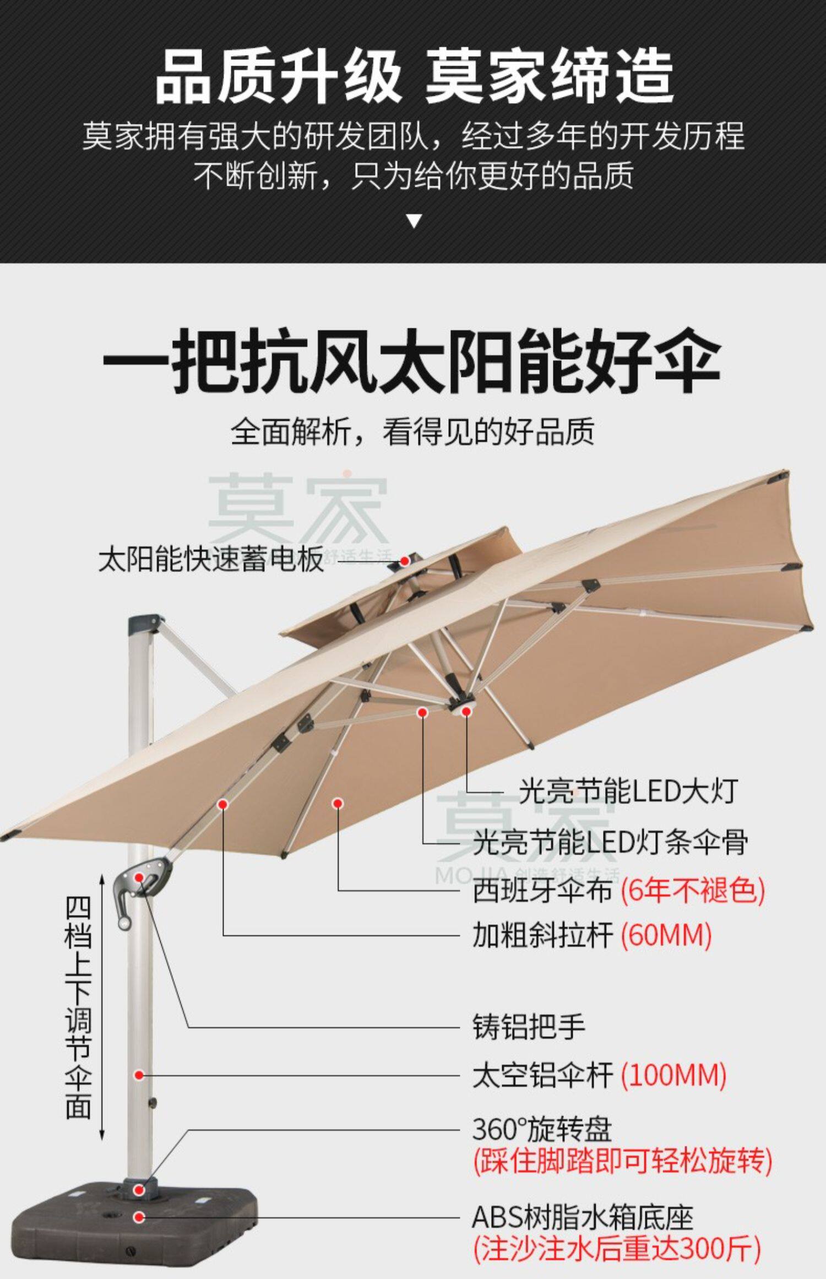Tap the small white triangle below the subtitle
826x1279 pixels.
(x=414, y=221)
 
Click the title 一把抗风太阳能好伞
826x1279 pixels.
(x=412, y=360)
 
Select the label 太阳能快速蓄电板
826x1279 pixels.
(x=211, y=560)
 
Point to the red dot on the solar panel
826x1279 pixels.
(x=404, y=561)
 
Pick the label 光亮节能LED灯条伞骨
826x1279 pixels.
(x=610, y=842)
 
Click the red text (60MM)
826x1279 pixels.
(x=666, y=935)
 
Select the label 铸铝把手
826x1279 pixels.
(x=529, y=1027)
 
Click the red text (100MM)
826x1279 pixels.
(x=673, y=1075)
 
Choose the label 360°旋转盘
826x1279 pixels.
(x=542, y=1130)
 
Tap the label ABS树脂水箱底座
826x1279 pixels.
(x=582, y=1217)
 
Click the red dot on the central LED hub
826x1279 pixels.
(x=466, y=712)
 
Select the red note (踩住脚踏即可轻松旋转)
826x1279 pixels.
(x=622, y=1161)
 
